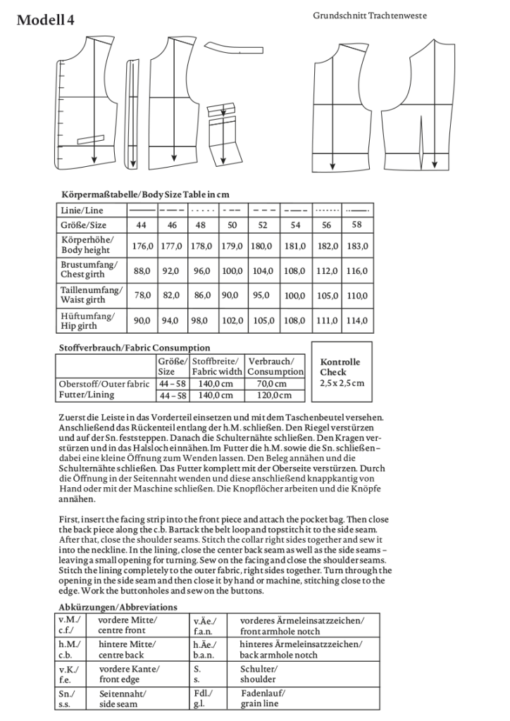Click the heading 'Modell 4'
click(45, 20)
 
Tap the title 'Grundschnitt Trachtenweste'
click(370, 15)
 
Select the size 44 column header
click(142, 225)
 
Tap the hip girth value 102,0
click(232, 320)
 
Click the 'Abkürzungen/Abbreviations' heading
click(118, 606)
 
